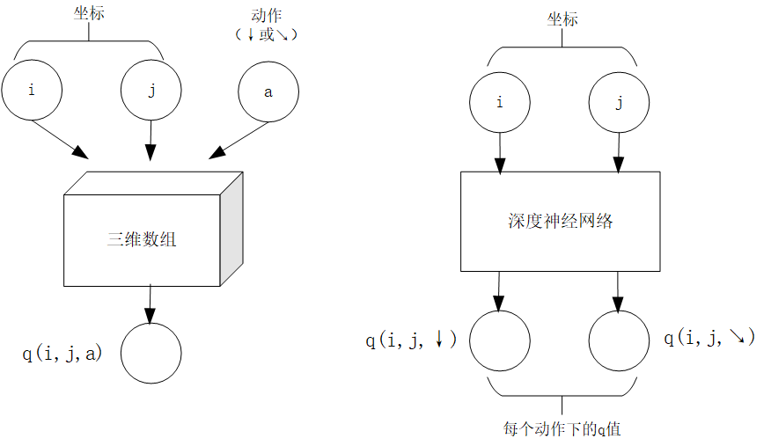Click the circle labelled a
[x=268, y=91]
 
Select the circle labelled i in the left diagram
[x=32, y=90]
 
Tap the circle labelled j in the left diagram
[x=151, y=91]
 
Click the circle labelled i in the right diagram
[x=499, y=103]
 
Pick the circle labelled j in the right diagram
[x=618, y=103]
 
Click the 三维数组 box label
[x=142, y=238]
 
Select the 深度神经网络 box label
[x=560, y=221]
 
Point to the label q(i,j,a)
[x=62, y=354]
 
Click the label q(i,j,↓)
[x=411, y=340]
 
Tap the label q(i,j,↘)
[x=709, y=338]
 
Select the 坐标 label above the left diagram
[x=90, y=13]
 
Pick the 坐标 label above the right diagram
[x=562, y=18]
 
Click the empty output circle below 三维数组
[x=151, y=353]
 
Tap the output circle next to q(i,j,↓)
[x=499, y=340]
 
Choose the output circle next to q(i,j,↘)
[x=618, y=340]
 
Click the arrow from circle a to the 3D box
[x=240, y=140]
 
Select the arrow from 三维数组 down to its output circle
[x=150, y=303]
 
